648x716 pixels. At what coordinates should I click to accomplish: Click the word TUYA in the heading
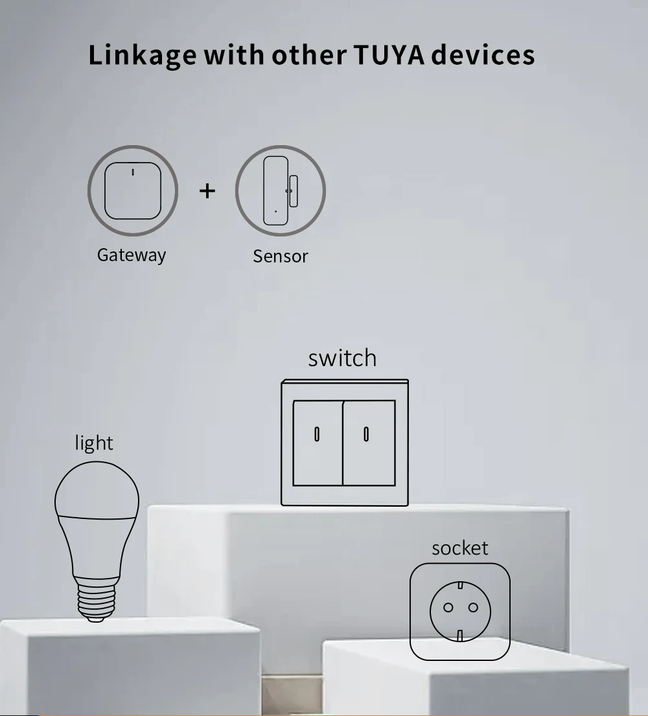coord(389,55)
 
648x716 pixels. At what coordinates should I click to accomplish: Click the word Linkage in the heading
coord(143,56)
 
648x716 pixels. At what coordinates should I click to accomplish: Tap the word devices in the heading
coord(483,55)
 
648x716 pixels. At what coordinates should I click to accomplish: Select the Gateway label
coord(132,255)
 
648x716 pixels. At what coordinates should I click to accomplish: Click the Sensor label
coord(281,256)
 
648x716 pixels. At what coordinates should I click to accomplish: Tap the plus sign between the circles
coord(207,191)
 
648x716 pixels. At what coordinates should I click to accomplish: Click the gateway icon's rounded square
coord(133,191)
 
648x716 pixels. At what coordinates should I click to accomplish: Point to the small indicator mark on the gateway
coord(133,172)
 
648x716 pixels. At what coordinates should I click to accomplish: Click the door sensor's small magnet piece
coord(293,191)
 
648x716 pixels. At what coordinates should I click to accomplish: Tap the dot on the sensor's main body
coord(275,211)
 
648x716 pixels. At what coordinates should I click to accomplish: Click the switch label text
coord(343,358)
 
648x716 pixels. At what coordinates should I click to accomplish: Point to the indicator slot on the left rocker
coord(317,434)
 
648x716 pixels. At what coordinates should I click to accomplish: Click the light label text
coord(94,443)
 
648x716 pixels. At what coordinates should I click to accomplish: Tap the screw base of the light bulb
coord(97,599)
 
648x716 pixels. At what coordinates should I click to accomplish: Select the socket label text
coord(460,548)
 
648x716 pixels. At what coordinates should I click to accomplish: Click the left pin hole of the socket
coord(448,607)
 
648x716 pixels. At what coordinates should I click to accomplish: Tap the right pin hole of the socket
coord(473,607)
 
